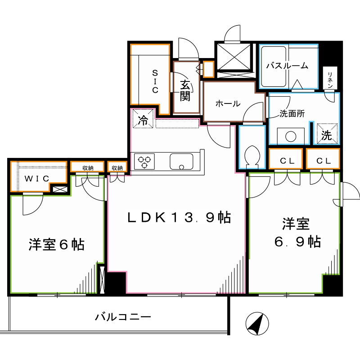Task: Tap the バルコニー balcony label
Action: (x=122, y=317)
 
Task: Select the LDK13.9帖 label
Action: (x=178, y=218)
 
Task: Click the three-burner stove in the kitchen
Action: (x=144, y=161)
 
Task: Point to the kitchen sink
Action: (x=181, y=161)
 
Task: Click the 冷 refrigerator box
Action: (x=143, y=120)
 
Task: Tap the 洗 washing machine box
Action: (x=326, y=134)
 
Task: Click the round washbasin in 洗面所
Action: (x=290, y=135)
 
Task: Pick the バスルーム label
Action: (x=287, y=66)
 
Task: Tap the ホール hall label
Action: (x=227, y=103)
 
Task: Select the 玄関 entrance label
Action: (x=186, y=90)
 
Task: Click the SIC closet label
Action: (x=154, y=81)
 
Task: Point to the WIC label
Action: (x=37, y=178)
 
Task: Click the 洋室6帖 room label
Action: (x=56, y=245)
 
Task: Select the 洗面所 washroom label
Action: (x=292, y=114)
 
